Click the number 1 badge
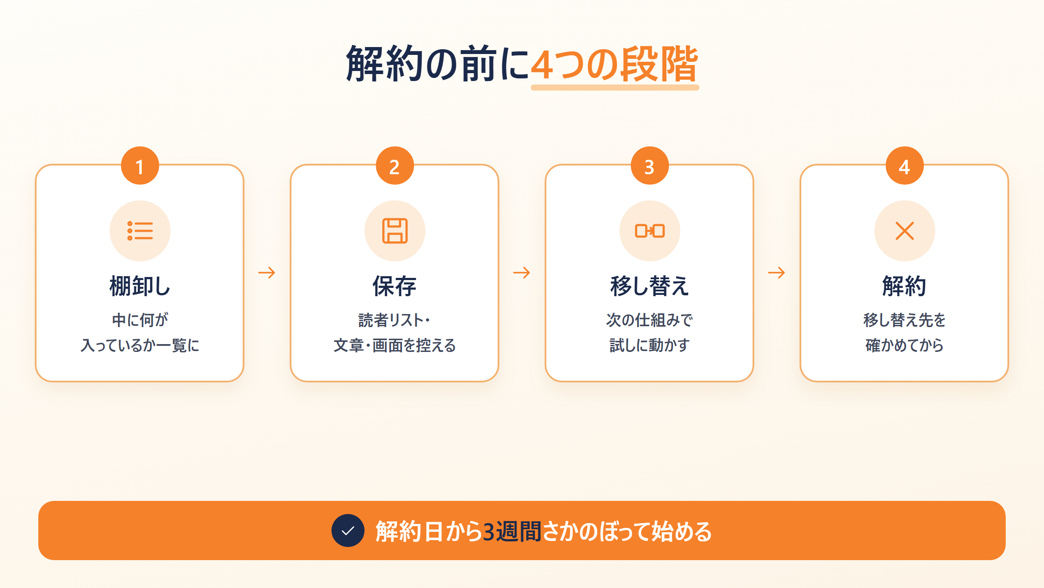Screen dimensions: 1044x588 pos(140,166)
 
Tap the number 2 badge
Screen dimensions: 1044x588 pos(395,166)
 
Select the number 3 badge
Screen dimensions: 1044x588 pos(650,166)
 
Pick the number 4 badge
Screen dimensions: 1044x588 pos(905,166)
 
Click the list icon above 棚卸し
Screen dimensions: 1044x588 pos(140,231)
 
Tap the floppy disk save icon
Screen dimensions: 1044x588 pos(395,231)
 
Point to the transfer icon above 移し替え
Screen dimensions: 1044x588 pos(650,231)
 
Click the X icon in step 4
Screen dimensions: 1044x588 pos(905,231)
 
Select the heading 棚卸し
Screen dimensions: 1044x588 pos(140,286)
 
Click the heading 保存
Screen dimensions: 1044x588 pos(395,286)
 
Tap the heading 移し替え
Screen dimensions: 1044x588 pos(650,286)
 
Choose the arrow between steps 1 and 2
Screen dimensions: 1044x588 pos(267,273)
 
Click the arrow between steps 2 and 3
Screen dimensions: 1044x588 pos(522,273)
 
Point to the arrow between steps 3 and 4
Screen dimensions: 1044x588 pos(776,273)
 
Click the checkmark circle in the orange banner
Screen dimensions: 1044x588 pos(348,531)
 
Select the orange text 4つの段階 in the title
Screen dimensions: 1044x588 pos(615,64)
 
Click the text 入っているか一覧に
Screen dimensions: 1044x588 pos(140,345)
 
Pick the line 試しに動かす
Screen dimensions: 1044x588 pos(650,345)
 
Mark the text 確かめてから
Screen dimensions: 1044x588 pos(905,345)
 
